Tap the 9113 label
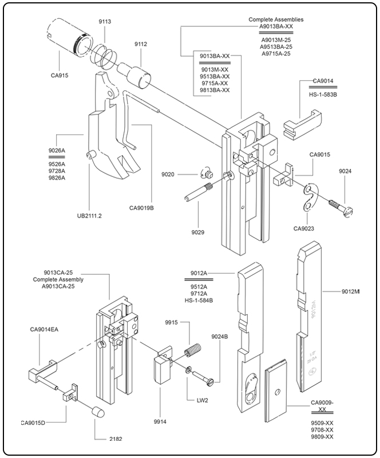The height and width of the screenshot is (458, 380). pyautogui.click(x=105, y=21)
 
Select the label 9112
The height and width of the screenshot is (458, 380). pyautogui.click(x=141, y=44)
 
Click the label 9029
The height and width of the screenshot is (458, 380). pyautogui.click(x=199, y=232)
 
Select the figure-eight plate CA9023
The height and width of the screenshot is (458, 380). pyautogui.click(x=310, y=198)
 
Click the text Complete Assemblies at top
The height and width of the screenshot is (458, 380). pyautogui.click(x=276, y=19)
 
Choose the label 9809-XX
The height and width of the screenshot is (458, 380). pyautogui.click(x=322, y=437)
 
